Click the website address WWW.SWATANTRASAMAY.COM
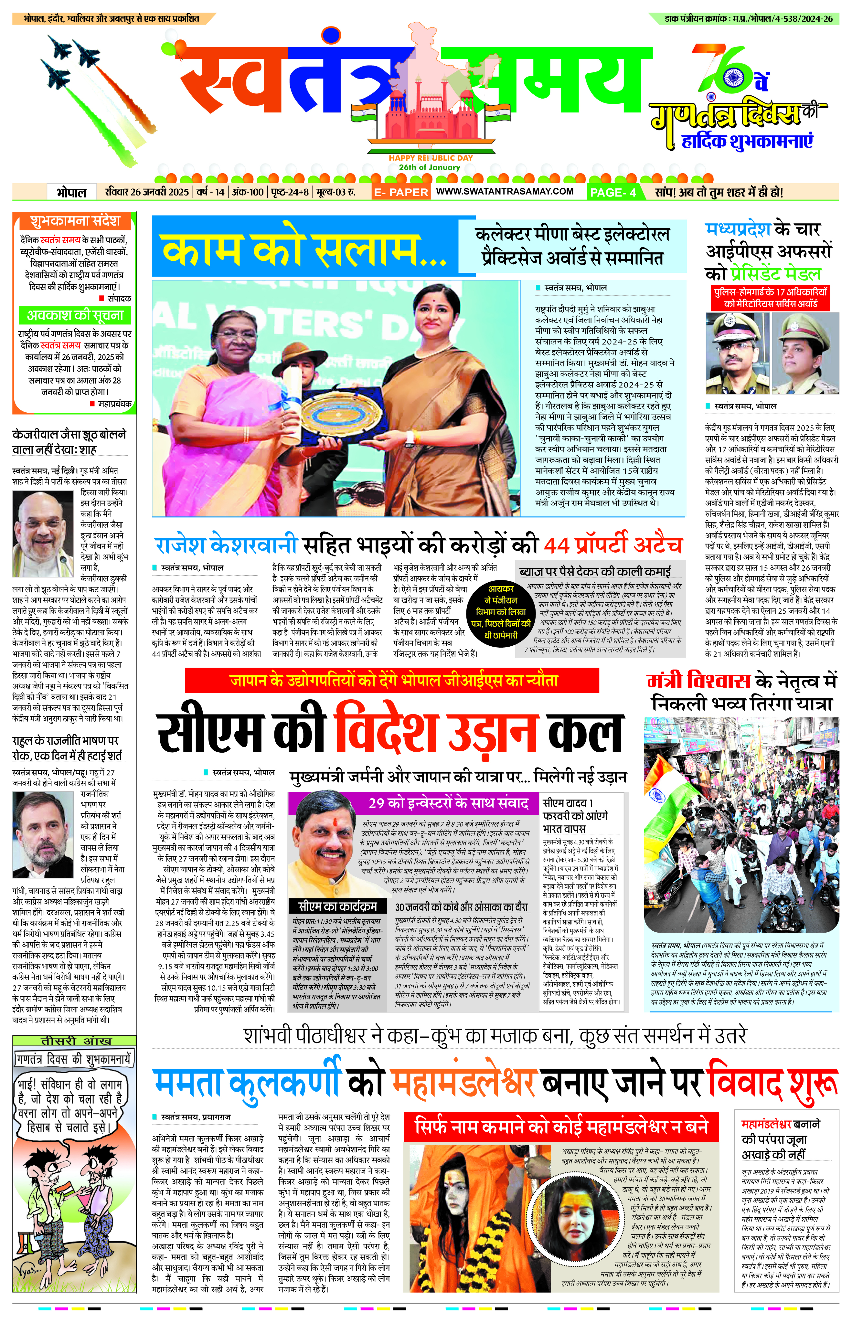pyautogui.click(x=504, y=191)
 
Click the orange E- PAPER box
pyautogui.click(x=401, y=192)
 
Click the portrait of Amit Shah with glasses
pyautogui.click(x=43, y=534)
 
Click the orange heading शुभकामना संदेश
pyautogui.click(x=75, y=221)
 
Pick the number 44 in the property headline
pyautogui.click(x=556, y=546)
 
